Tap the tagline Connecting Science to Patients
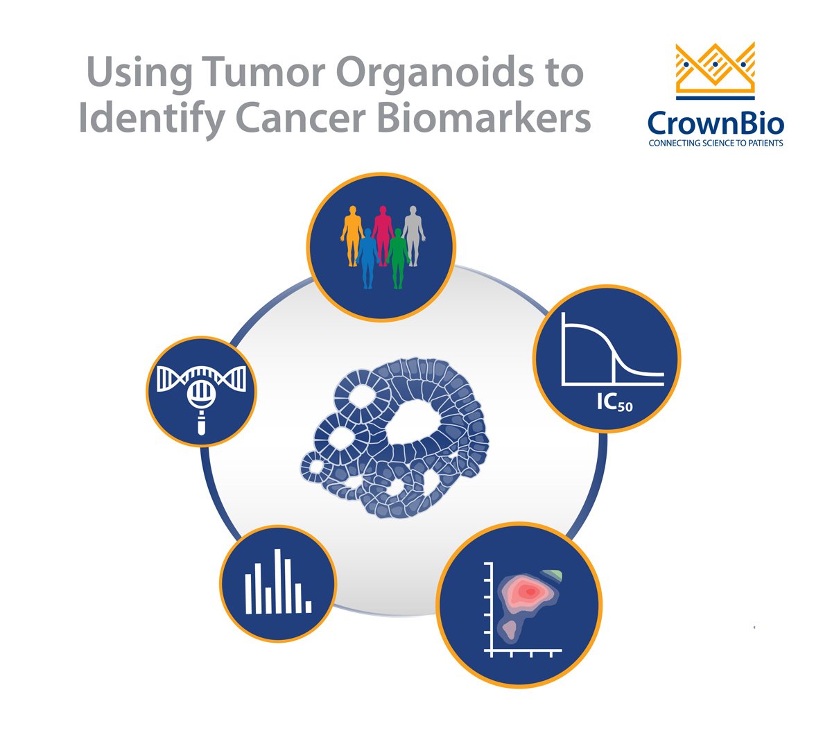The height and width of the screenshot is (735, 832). click(716, 144)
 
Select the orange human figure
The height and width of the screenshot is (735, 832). click(352, 232)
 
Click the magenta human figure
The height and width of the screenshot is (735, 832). click(383, 232)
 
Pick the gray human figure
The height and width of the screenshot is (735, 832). click(413, 232)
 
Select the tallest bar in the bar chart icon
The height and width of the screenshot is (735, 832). click(277, 581)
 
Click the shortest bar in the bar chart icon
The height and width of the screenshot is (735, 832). click(309, 607)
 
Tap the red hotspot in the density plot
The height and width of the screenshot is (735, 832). click(530, 591)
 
